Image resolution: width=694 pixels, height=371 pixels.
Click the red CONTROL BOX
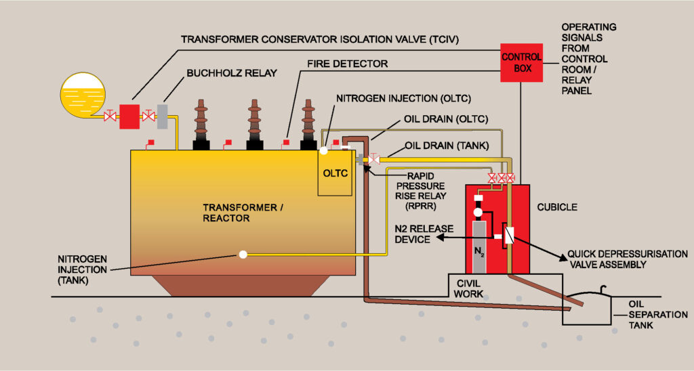[x=520, y=62]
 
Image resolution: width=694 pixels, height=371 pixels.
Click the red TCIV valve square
[x=129, y=116]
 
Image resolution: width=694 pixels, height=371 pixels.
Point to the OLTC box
[x=335, y=173]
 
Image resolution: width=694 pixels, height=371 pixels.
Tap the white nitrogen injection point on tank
[x=243, y=255]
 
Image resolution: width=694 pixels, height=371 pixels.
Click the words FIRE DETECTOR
[x=348, y=64]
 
